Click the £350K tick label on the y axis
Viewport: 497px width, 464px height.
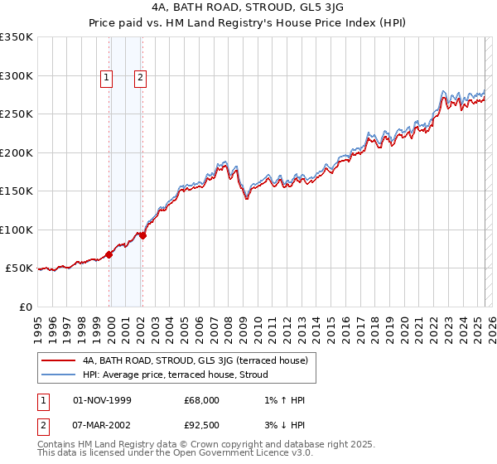pos(17,37)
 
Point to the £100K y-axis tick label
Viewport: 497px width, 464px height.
pos(17,230)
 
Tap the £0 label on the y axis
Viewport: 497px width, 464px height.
pos(26,307)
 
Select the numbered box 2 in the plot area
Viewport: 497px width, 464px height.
pos(140,79)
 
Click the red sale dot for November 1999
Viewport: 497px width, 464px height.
pos(109,254)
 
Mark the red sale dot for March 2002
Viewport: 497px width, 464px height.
pos(142,235)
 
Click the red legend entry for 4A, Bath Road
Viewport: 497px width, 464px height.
pos(195,360)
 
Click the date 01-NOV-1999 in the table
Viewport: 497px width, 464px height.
pos(102,399)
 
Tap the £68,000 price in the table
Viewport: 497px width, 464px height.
pos(201,399)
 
